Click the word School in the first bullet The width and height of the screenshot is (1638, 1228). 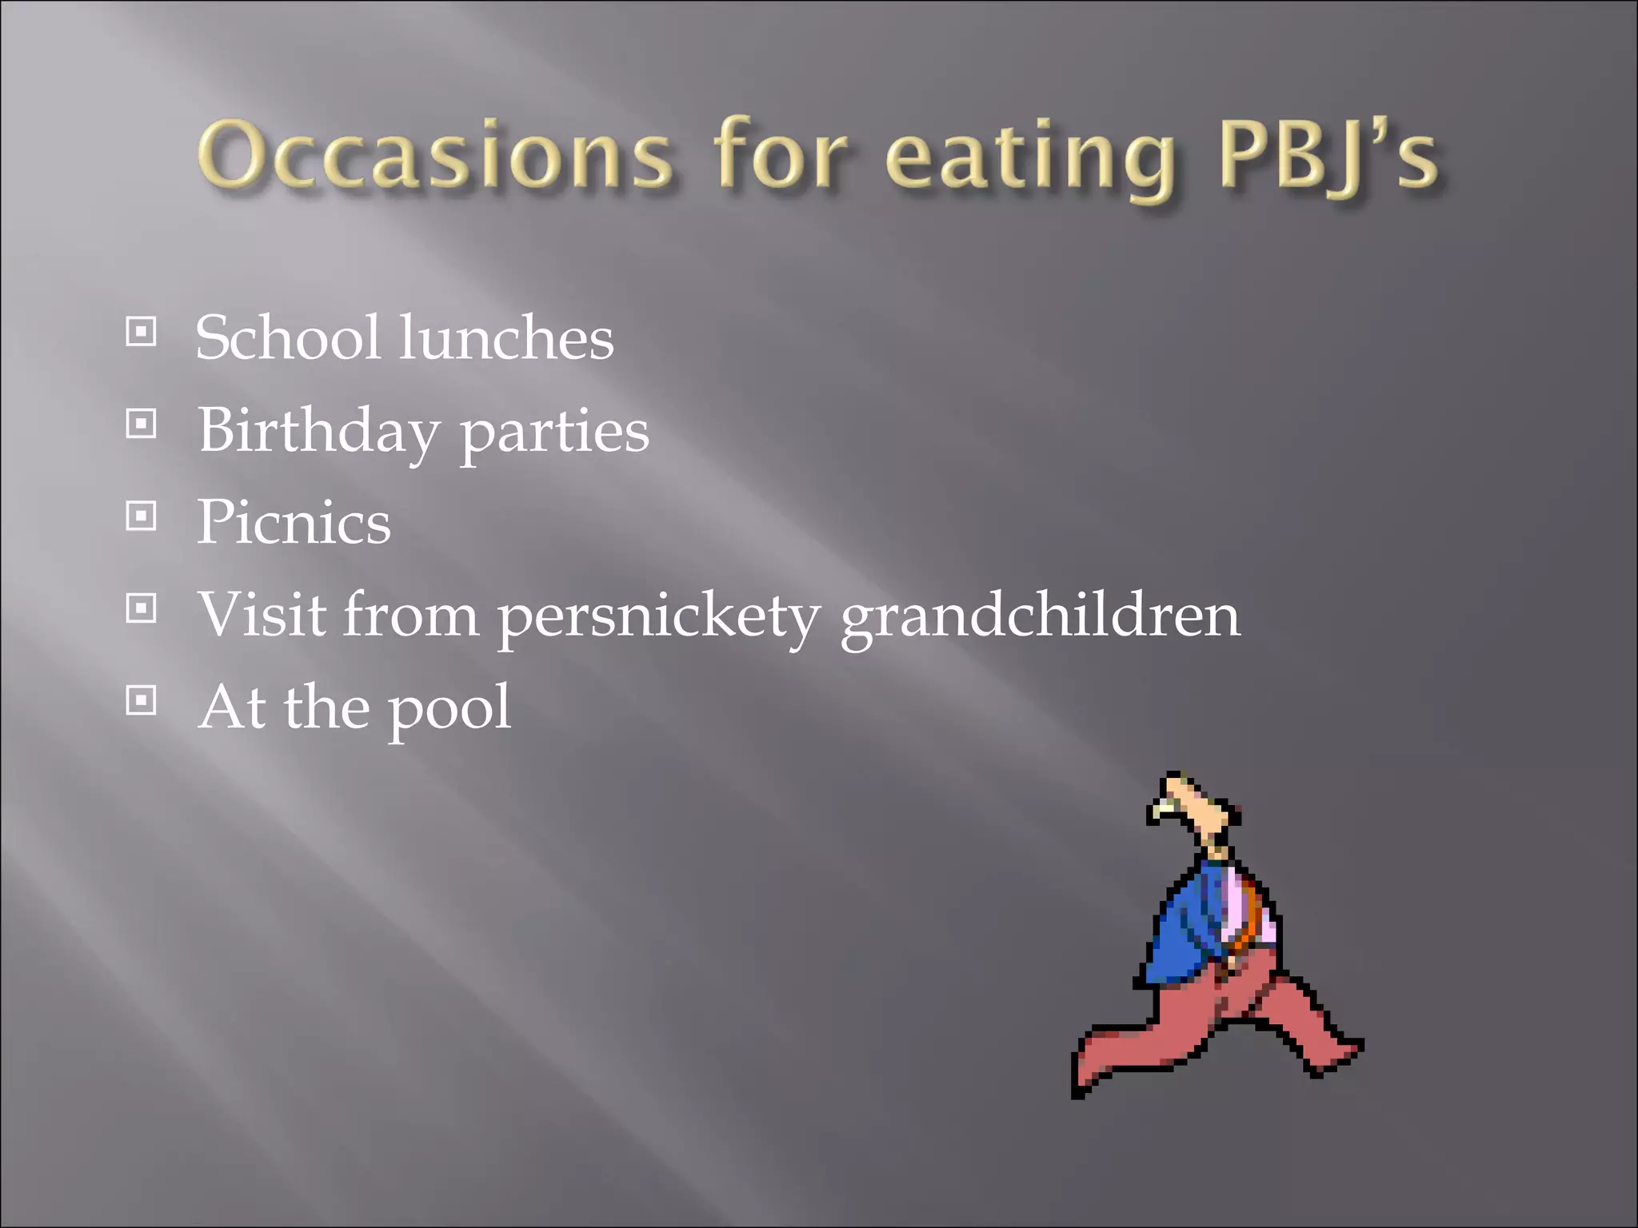[x=287, y=337]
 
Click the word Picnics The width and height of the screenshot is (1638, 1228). [x=294, y=522]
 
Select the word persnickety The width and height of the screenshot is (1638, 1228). [x=657, y=616]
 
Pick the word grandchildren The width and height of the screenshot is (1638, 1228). [x=1040, y=616]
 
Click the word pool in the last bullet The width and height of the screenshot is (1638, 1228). [x=449, y=708]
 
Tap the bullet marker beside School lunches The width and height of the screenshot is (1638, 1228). [x=141, y=332]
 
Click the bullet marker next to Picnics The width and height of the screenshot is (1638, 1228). [x=141, y=516]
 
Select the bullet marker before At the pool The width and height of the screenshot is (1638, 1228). [x=141, y=701]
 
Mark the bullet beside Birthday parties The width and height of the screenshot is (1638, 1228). [x=141, y=424]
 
